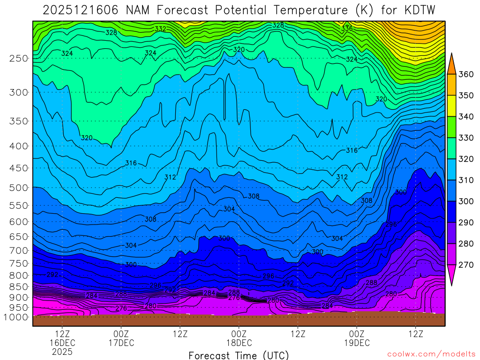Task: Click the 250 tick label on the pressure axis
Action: [x=18, y=59]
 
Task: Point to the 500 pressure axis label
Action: [x=18, y=188]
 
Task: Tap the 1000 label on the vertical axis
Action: [x=16, y=317]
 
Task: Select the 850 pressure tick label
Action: [x=18, y=287]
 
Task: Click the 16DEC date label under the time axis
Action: [x=62, y=343]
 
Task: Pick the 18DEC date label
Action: [x=239, y=343]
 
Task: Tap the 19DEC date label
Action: [x=357, y=343]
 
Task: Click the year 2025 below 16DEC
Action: [x=62, y=352]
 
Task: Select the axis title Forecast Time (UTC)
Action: [x=239, y=355]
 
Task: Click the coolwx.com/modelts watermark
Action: [x=431, y=354]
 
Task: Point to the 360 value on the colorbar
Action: [x=465, y=74]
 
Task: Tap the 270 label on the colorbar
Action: [x=465, y=265]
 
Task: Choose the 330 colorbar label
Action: [x=465, y=138]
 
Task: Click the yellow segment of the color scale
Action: [x=452, y=106]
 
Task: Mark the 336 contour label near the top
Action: [x=347, y=29]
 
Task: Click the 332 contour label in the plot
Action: [x=160, y=29]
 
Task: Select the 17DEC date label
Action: [x=121, y=343]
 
